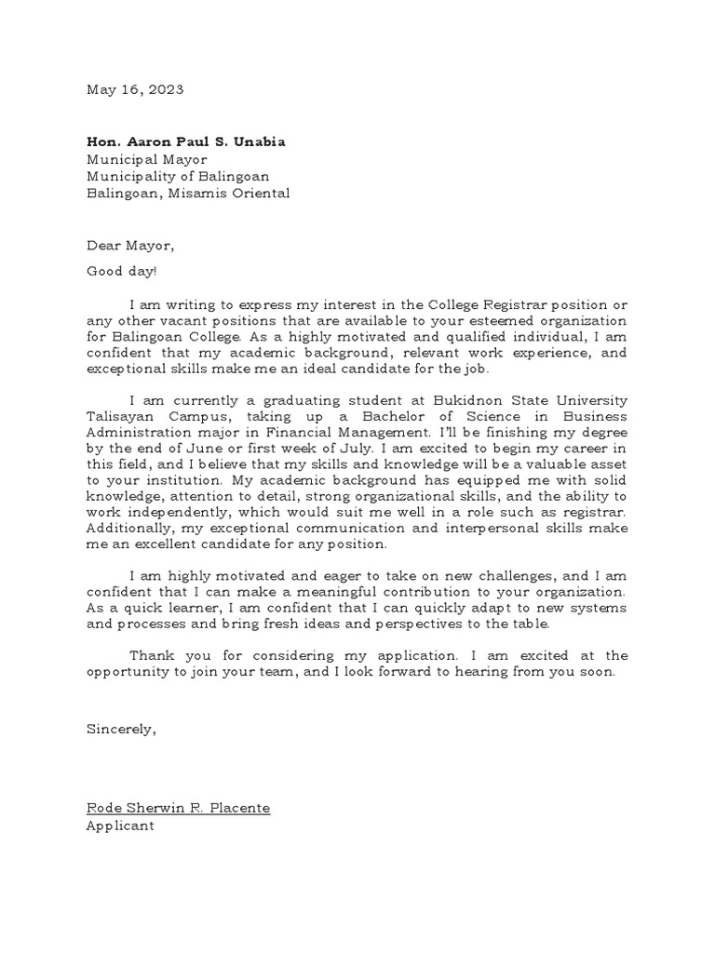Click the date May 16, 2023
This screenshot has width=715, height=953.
pos(135,90)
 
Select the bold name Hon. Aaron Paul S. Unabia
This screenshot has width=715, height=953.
pos(186,141)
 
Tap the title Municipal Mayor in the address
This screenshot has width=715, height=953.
pos(147,159)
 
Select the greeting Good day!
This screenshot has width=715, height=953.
pos(122,271)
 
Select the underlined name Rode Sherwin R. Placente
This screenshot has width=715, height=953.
pos(178,808)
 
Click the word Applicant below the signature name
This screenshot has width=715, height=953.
pos(120,825)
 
